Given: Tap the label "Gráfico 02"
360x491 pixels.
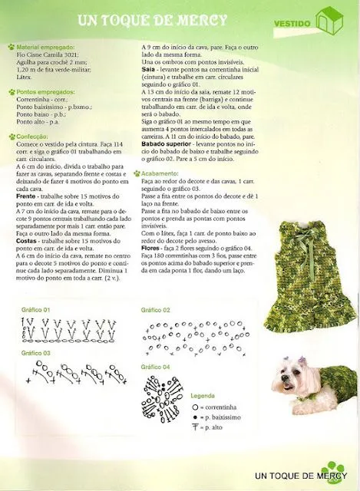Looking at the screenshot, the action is (156, 310).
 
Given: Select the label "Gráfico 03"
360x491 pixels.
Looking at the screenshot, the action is (35, 353).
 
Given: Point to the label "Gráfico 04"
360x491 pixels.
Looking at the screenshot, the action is (156, 367).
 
